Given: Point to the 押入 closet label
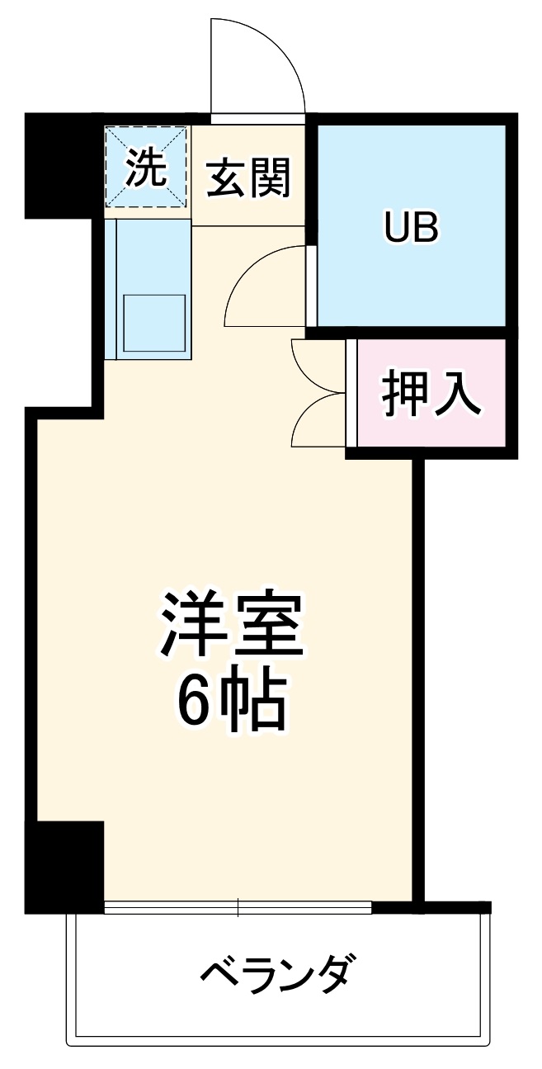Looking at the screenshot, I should (x=430, y=394).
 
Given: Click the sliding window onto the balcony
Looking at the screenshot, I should (x=238, y=908).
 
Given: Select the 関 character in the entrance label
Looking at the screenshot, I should (x=270, y=177).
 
